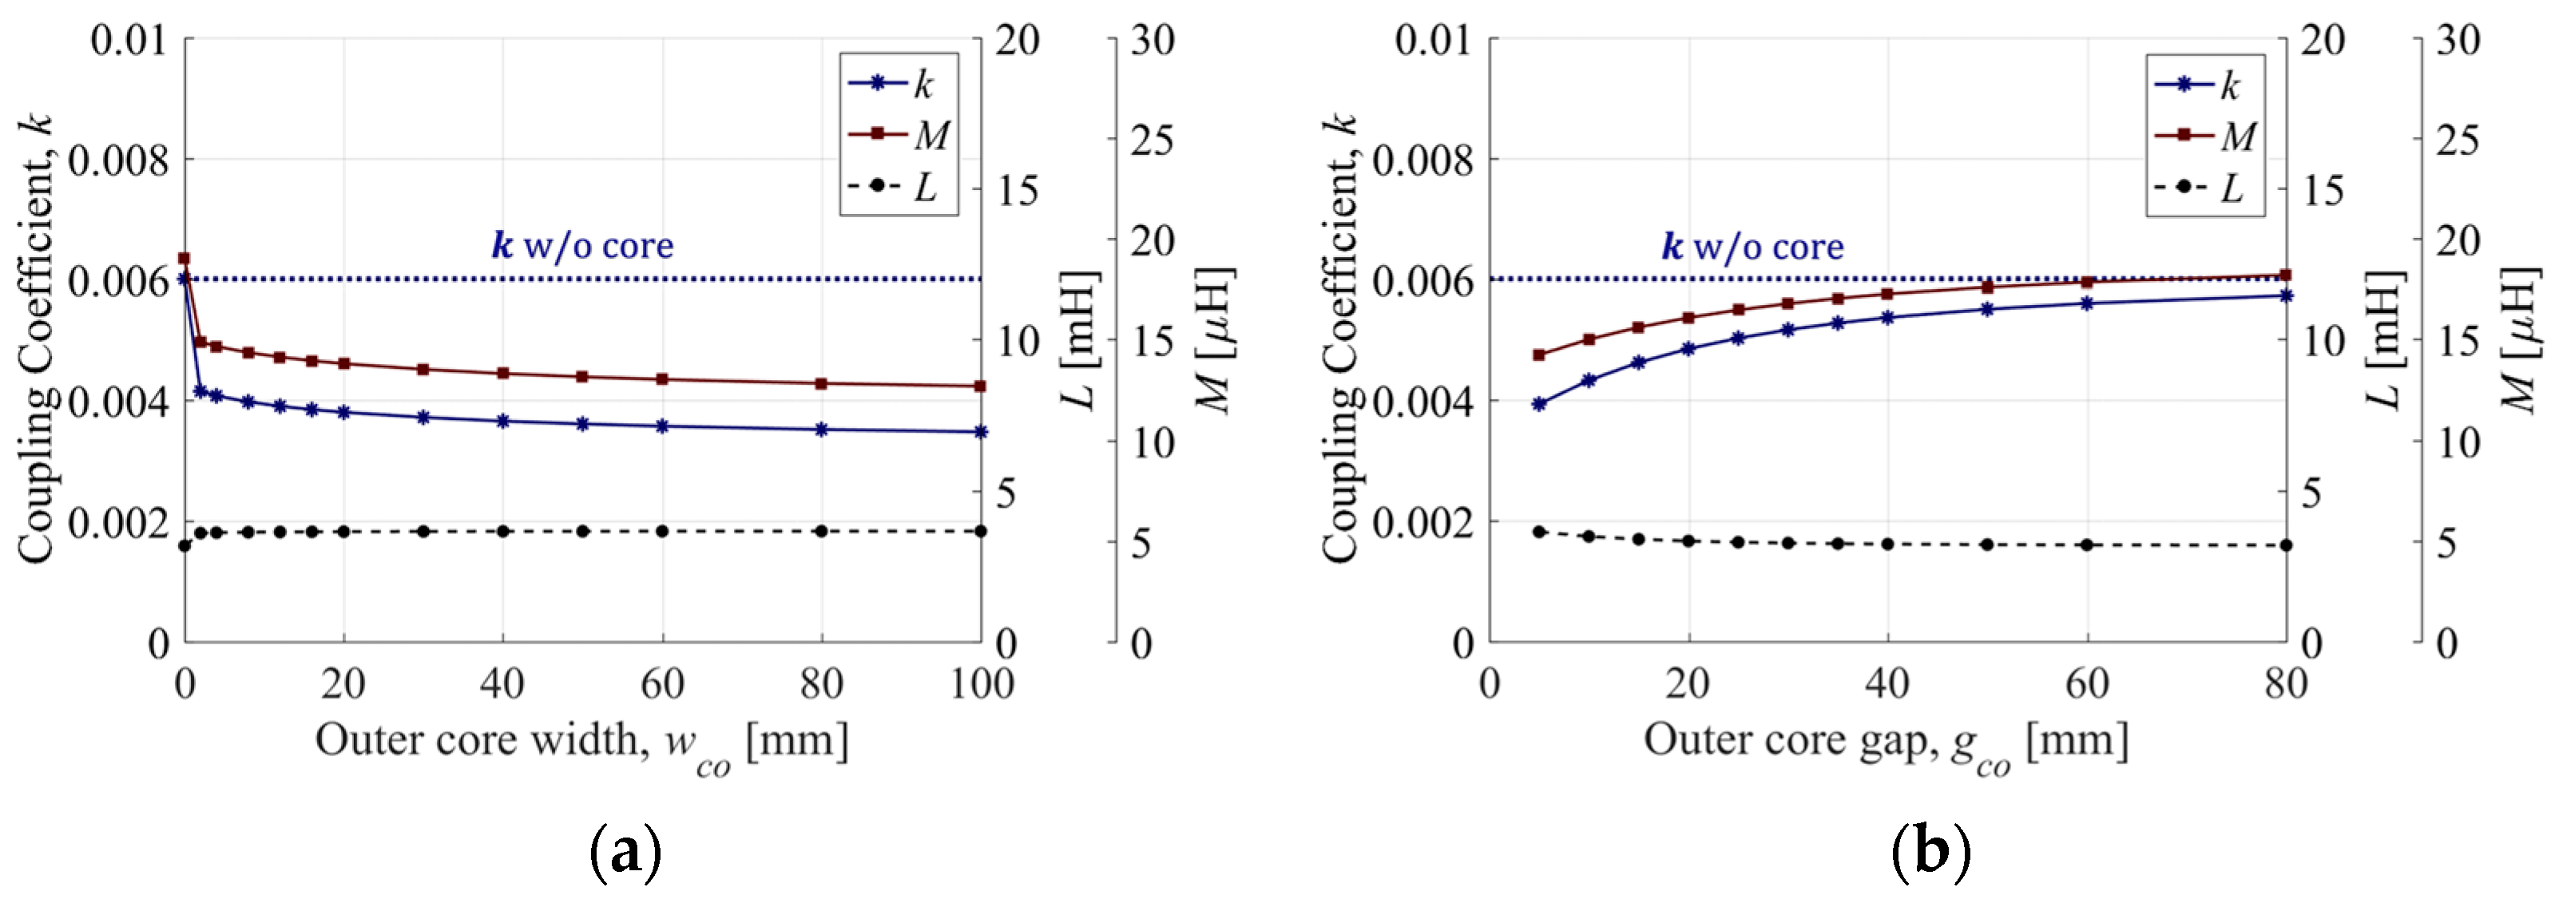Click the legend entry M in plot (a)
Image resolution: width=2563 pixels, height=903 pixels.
click(x=899, y=134)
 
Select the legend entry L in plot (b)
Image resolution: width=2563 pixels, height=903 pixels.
click(x=2207, y=187)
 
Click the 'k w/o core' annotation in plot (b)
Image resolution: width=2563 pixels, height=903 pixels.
click(x=1752, y=246)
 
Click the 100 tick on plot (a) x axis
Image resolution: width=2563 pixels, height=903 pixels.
click(x=981, y=684)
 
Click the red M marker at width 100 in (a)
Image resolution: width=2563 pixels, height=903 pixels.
click(x=980, y=386)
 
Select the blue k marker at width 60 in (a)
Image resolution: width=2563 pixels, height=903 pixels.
click(x=663, y=426)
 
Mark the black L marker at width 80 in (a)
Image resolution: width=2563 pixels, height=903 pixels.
click(x=822, y=531)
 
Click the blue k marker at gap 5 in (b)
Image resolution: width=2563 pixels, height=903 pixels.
click(x=1539, y=405)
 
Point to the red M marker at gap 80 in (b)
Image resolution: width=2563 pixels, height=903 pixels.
click(x=2285, y=275)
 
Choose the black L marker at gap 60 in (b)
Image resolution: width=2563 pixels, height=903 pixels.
click(x=2088, y=545)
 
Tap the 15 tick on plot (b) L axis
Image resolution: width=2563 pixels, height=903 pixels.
click(x=2324, y=191)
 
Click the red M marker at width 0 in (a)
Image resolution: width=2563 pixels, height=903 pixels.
click(x=184, y=259)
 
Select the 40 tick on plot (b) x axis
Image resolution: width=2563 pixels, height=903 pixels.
click(x=1887, y=684)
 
